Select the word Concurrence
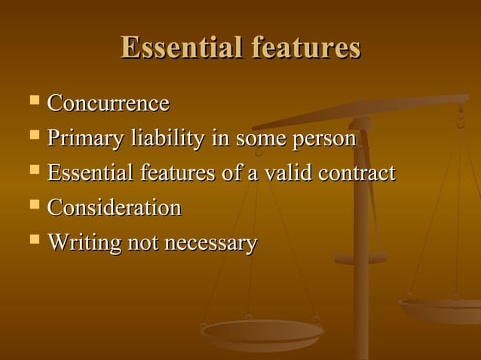click(x=108, y=103)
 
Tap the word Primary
click(x=85, y=139)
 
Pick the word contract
click(x=357, y=173)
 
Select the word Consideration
click(x=114, y=207)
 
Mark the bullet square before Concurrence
click(x=33, y=100)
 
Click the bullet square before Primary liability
click(x=33, y=136)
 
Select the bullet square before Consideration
click(x=33, y=204)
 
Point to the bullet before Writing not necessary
click(x=33, y=239)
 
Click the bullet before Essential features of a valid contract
click(x=33, y=170)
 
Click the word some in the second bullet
click(x=256, y=139)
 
